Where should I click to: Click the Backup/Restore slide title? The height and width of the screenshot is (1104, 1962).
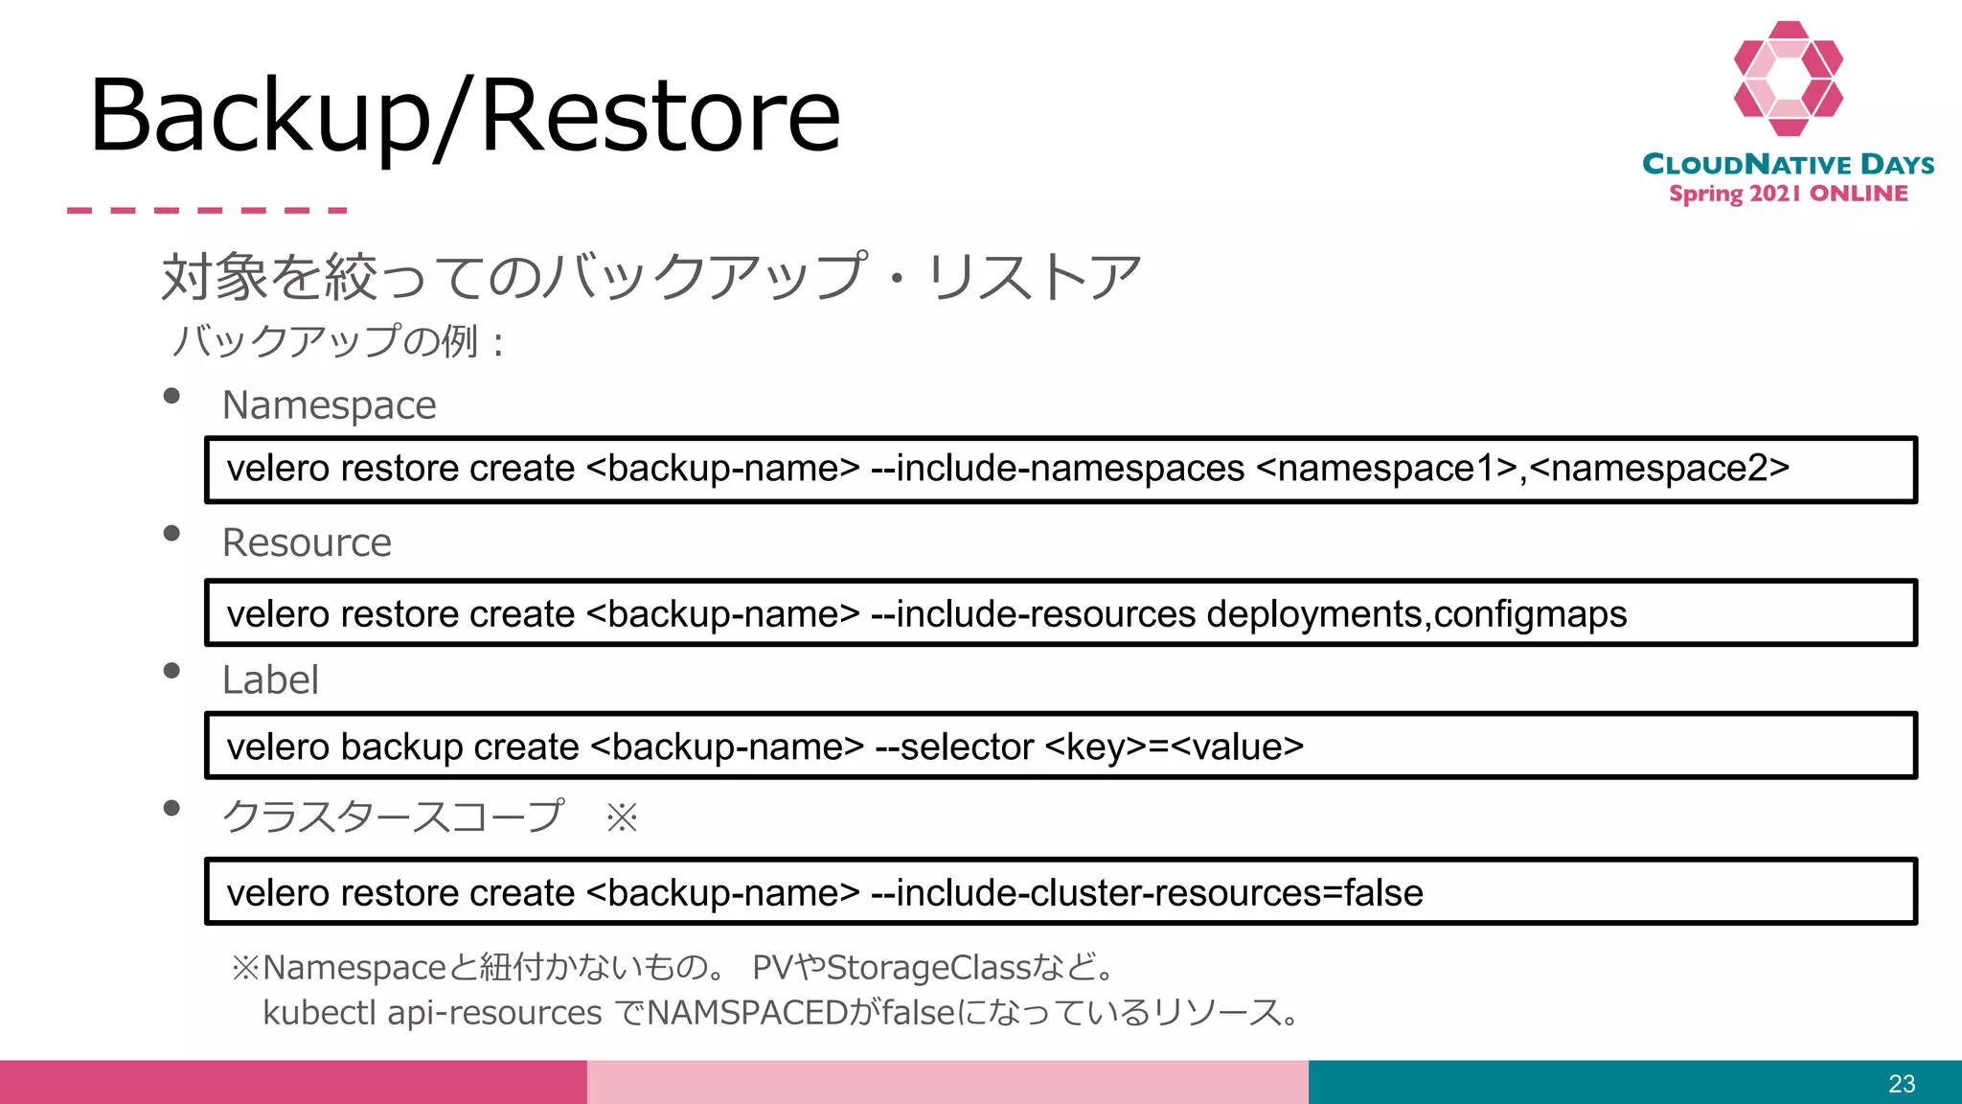click(x=466, y=115)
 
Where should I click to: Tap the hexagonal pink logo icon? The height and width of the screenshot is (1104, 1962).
click(x=1788, y=79)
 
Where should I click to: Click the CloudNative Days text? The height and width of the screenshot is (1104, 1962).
click(x=1788, y=164)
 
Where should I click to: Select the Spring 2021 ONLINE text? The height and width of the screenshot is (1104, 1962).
click(x=1788, y=194)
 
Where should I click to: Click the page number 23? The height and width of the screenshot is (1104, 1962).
click(x=1902, y=1084)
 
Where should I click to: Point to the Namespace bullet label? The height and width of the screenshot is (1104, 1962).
click(x=329, y=405)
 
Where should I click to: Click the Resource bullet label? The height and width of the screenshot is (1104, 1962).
click(x=307, y=543)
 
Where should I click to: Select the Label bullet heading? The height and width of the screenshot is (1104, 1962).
click(x=270, y=680)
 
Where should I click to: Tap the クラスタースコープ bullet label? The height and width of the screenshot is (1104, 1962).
click(x=393, y=817)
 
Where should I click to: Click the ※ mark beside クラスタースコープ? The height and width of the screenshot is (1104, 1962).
click(x=622, y=818)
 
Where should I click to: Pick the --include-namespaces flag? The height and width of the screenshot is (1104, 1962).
click(x=1058, y=469)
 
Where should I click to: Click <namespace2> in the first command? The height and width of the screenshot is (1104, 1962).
click(x=1659, y=469)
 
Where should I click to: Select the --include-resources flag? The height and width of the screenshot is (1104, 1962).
click(x=1034, y=614)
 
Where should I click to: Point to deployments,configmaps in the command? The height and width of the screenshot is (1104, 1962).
click(x=1416, y=614)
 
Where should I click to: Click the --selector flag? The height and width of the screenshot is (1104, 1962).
click(x=954, y=747)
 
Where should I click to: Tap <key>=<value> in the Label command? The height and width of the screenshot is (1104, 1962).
click(x=1174, y=747)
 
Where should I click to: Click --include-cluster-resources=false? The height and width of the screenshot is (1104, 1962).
click(x=1147, y=893)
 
